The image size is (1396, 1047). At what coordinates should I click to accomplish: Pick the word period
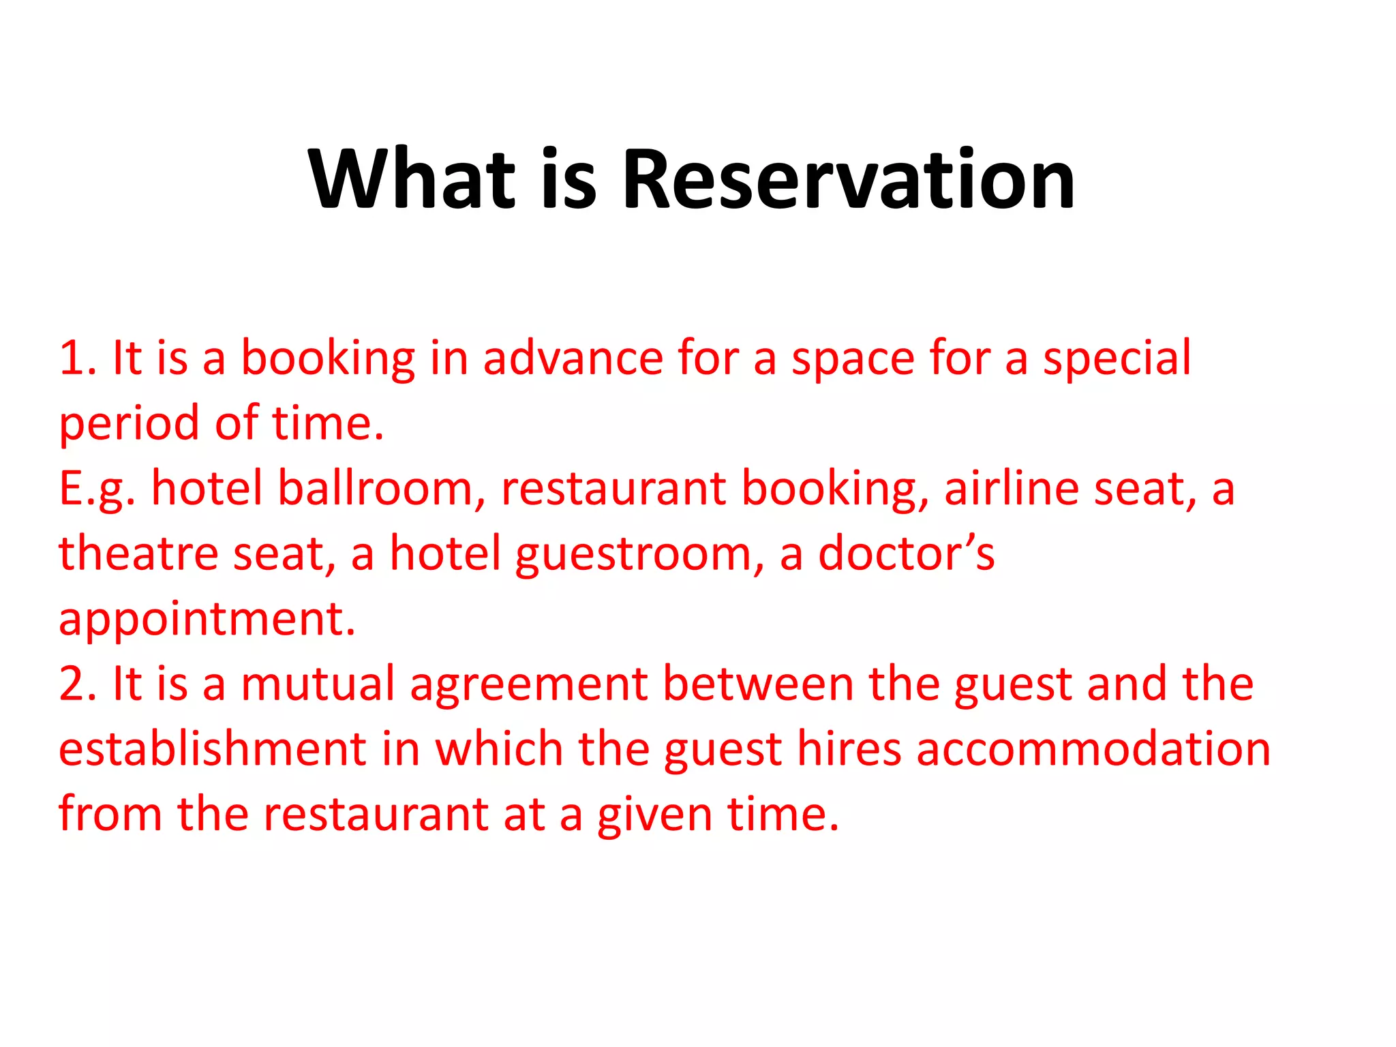(x=130, y=423)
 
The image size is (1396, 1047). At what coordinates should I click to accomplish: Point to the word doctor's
(x=906, y=553)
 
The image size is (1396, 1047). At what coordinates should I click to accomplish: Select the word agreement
(x=529, y=685)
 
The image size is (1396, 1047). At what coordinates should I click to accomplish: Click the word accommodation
(x=1093, y=749)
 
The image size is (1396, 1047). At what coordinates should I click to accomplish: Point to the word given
(x=654, y=815)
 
